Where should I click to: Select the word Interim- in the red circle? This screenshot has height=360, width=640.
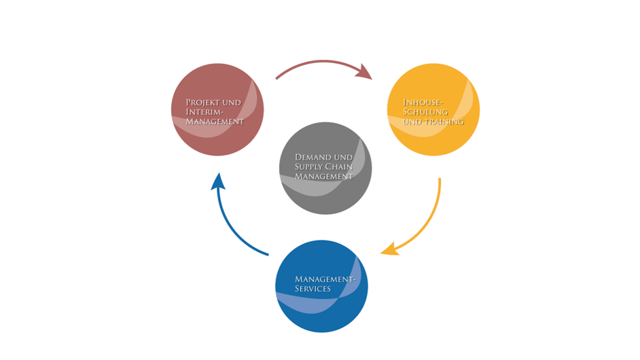coord(204,112)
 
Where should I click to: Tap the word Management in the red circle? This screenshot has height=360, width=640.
coord(215,122)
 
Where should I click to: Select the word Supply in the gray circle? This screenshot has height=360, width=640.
coord(308,166)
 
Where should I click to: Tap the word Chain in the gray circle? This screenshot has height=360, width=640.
coord(339,166)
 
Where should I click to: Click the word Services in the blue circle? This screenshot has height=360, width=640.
coord(313,289)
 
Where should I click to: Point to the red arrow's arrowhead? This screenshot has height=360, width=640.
coord(366,73)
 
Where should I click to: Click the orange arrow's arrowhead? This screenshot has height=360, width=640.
coord(389,251)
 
